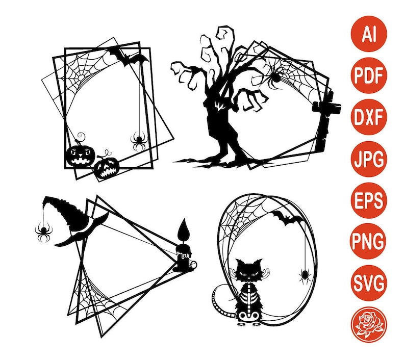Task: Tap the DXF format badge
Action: click(x=369, y=119)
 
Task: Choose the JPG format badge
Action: click(x=369, y=160)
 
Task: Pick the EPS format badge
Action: click(x=369, y=200)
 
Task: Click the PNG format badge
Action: click(x=369, y=241)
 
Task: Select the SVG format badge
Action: click(x=369, y=282)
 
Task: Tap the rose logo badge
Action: click(x=369, y=323)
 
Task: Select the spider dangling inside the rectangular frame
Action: click(x=138, y=140)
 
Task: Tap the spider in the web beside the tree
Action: click(x=274, y=76)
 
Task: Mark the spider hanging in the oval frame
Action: click(x=305, y=276)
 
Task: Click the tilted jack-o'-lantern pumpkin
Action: click(x=107, y=167)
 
